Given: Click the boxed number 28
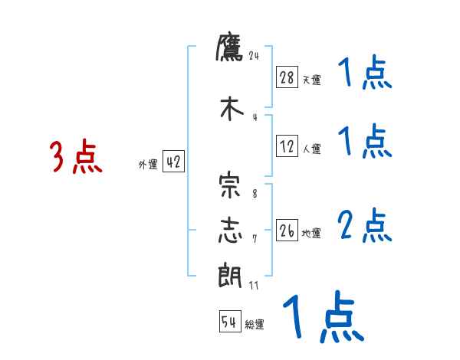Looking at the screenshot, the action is point(287,77).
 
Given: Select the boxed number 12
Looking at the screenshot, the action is point(287,147).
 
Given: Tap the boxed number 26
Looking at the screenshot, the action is point(287,230).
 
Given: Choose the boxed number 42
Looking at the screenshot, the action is point(173,162).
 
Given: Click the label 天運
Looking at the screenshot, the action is point(311,80).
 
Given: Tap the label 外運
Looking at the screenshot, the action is point(148,165).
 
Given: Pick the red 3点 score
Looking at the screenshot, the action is point(76,158).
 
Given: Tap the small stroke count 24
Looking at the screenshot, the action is point(255,55).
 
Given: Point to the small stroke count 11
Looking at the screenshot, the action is point(255,286).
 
